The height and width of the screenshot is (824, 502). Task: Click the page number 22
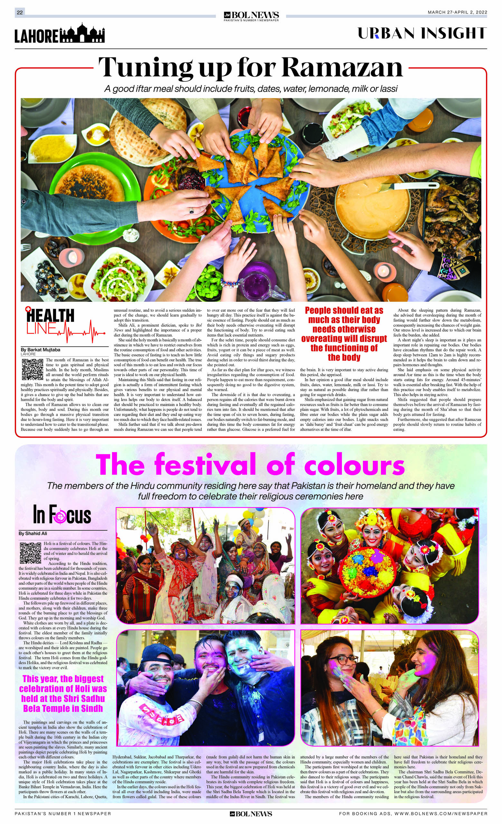pyautogui.click(x=20, y=12)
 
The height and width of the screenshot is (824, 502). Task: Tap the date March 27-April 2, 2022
pyautogui.click(x=457, y=12)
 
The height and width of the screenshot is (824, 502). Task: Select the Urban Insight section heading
pyautogui.click(x=422, y=33)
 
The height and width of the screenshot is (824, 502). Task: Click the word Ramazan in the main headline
pyautogui.click(x=342, y=68)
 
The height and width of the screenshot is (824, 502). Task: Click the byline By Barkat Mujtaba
pyautogui.click(x=41, y=349)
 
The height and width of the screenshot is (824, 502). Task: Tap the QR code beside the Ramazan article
pyautogui.click(x=33, y=369)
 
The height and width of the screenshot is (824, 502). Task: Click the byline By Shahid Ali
pyautogui.click(x=33, y=533)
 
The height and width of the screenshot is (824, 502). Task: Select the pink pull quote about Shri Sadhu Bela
pyautogui.click(x=63, y=693)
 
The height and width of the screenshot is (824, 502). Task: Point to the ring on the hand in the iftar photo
pyautogui.click(x=191, y=211)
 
